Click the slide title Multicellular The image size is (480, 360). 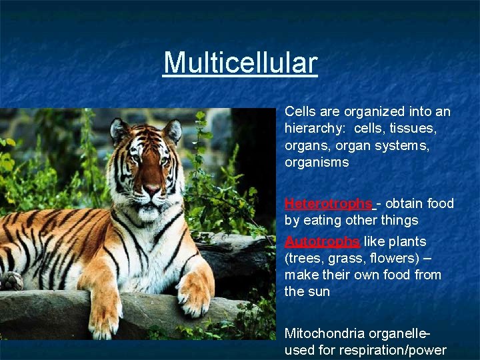[241, 63]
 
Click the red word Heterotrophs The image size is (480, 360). [328, 203]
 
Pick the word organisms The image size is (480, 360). [317, 163]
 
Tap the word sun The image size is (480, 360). [318, 291]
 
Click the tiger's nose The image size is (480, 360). [152, 189]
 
